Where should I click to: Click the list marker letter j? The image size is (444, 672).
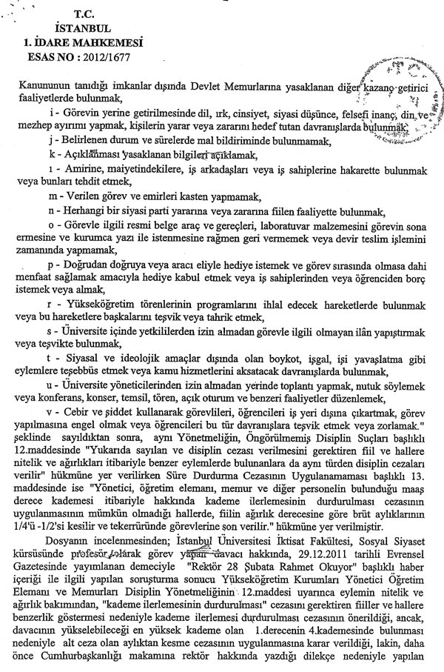pos(47,139)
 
